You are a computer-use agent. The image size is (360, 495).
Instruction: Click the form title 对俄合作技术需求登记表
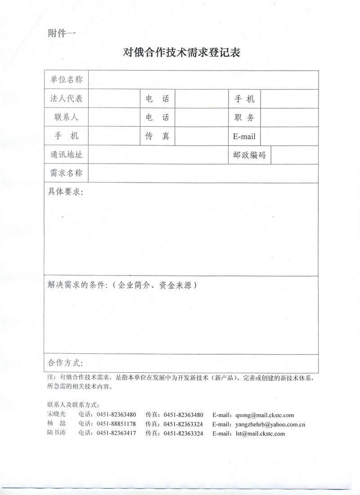tap(182, 53)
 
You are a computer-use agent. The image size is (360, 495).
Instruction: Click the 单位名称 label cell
tap(66, 80)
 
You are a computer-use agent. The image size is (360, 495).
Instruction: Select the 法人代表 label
tap(66, 98)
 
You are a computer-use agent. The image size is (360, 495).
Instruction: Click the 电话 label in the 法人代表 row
tap(157, 99)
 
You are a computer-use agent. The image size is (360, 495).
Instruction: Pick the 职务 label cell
tap(244, 118)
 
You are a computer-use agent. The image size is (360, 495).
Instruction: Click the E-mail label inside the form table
tap(244, 137)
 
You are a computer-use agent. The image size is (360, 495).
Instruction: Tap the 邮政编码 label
tap(249, 156)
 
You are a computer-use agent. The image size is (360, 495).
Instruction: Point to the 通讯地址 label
tap(66, 156)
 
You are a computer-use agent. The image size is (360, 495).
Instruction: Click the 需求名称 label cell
tap(66, 173)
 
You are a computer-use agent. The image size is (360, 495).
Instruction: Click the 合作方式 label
tap(66, 363)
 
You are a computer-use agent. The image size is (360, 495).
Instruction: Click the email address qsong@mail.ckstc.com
tap(264, 415)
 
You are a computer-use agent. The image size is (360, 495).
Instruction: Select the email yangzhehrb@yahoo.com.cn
tap(270, 424)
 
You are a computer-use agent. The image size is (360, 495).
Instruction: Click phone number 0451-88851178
tap(116, 424)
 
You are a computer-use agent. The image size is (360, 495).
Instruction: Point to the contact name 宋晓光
tap(56, 415)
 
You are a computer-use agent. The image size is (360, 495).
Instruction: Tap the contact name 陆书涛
tap(56, 433)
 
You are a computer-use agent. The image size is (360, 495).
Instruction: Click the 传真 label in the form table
tap(157, 137)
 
